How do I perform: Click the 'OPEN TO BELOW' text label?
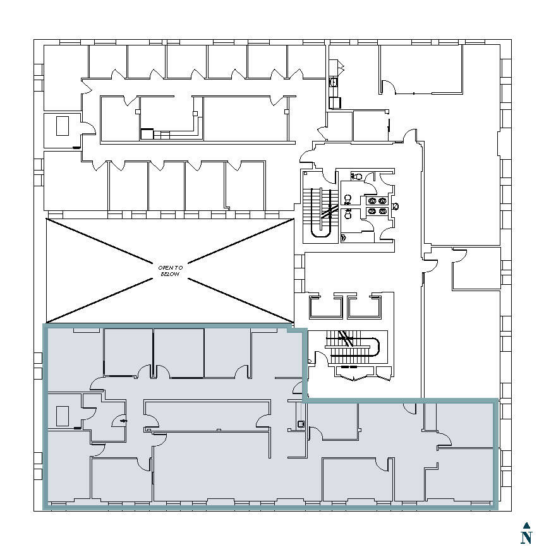point(169,271)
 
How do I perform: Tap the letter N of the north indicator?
point(526,537)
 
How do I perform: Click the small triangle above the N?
point(526,525)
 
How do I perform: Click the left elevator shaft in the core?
point(324,306)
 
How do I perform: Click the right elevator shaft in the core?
point(365,306)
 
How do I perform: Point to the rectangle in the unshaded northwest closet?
point(62,126)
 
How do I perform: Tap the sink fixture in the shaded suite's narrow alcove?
point(301,424)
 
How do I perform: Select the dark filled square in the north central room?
point(147,133)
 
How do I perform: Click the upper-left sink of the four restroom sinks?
point(372,201)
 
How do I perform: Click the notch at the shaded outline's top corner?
point(296,328)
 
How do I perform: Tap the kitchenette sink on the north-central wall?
point(333,82)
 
